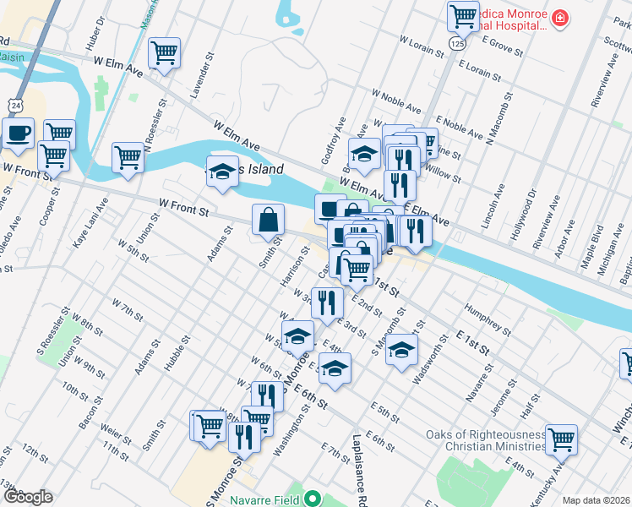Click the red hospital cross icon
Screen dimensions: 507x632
tap(559, 18)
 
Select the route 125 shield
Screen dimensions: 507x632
tap(457, 42)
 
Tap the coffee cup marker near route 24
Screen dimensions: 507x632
tap(18, 133)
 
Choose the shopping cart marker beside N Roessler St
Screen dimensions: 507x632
tap(128, 156)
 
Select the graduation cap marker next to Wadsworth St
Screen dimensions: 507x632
tap(402, 348)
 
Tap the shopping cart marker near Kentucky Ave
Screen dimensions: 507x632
tap(560, 439)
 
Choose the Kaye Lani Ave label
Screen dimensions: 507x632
tap(90, 222)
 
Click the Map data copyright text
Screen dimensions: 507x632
tap(596, 500)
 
